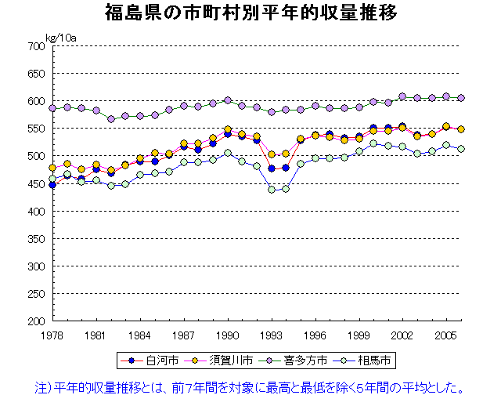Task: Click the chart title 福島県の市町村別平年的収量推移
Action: (x=250, y=13)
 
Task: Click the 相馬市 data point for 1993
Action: (x=272, y=190)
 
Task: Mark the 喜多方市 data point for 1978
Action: (x=52, y=108)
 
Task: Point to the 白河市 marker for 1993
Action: (x=272, y=169)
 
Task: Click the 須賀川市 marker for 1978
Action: (x=52, y=168)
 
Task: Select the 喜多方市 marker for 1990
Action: (x=228, y=100)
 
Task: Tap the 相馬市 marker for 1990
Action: (x=228, y=153)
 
